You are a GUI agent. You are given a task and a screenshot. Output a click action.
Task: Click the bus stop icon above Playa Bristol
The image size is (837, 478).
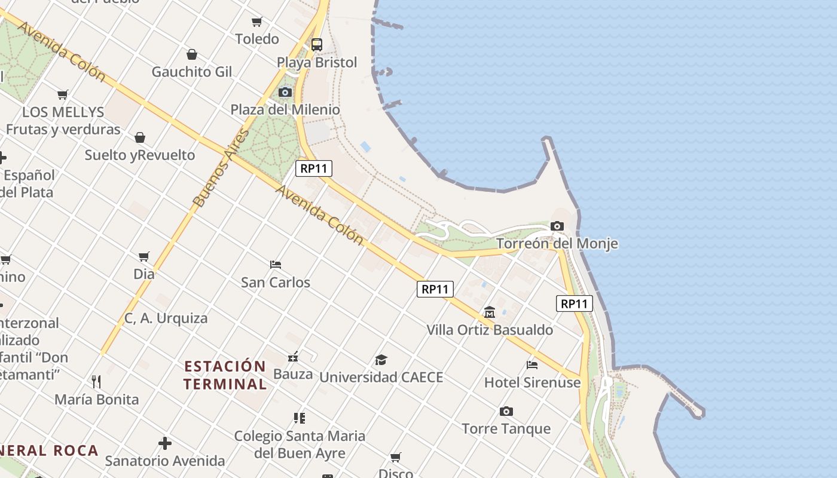tap(317, 45)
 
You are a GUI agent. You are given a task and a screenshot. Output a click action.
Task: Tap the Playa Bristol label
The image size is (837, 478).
tap(317, 63)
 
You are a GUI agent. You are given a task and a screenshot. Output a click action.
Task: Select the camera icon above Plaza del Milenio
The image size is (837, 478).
tap(285, 92)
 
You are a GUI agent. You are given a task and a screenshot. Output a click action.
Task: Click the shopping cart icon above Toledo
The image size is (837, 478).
tap(257, 22)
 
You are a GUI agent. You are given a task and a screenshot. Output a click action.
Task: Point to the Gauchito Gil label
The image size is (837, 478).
tap(191, 72)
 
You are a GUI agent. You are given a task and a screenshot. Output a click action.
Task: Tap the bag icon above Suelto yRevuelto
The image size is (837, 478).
tap(140, 137)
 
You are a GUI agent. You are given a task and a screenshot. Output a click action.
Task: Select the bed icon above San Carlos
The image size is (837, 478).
tap(276, 264)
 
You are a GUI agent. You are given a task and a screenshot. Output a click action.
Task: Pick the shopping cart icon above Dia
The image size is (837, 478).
tap(144, 256)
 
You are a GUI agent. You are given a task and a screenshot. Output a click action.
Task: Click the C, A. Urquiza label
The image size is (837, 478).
tap(166, 318)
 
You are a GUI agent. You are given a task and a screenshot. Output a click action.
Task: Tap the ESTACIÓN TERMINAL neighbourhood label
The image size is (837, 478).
tap(225, 375)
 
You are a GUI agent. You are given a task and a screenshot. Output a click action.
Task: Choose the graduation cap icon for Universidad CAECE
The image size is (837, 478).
tap(381, 360)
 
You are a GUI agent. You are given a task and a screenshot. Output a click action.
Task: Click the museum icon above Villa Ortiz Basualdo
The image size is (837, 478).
tap(490, 312)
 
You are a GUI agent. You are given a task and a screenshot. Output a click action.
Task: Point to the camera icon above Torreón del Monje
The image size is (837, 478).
tap(557, 226)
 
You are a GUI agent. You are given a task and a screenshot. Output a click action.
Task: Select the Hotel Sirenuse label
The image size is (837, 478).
tap(532, 382)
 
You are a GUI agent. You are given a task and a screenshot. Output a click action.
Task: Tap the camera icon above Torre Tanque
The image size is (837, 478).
tap(506, 411)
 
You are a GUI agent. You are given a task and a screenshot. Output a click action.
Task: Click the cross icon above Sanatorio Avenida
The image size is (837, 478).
tap(165, 443)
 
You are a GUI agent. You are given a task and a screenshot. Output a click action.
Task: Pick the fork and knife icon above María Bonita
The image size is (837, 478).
tap(96, 381)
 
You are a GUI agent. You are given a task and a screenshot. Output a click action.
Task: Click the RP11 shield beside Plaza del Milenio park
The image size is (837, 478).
tap(314, 168)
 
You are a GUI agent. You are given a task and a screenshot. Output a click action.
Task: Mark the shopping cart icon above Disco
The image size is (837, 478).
tap(396, 458)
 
